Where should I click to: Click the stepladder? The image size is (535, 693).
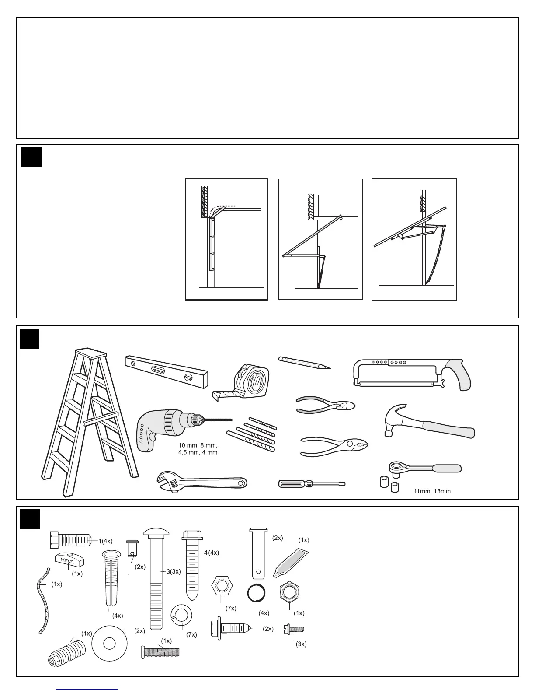[x=87, y=420]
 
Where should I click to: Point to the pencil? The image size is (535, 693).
[x=304, y=363]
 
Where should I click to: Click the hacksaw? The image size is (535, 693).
[x=411, y=374]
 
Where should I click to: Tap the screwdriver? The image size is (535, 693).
[x=311, y=484]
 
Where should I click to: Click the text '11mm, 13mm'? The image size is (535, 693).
[x=432, y=491]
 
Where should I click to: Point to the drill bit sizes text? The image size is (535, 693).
[x=198, y=449]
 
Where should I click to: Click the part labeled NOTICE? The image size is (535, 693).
[x=69, y=560]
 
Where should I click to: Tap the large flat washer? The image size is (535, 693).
[x=109, y=644]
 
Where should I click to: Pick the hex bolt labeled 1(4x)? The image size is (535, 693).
[x=70, y=541]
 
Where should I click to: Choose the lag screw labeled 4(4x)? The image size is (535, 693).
[x=191, y=564]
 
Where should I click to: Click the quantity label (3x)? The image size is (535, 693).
[x=301, y=644]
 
